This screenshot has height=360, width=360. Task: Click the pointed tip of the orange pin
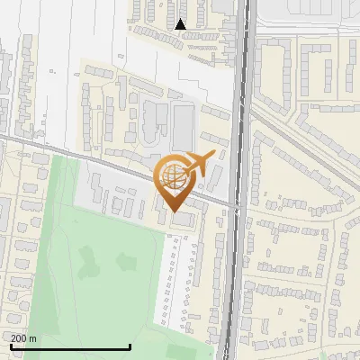click(x=175, y=211)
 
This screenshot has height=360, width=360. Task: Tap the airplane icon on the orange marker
click(x=200, y=165)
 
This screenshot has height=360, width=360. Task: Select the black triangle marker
click(x=181, y=24)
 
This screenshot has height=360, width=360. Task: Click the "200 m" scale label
click(x=24, y=337)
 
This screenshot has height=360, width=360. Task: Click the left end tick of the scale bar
click(x=11, y=345)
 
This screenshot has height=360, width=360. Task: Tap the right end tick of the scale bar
click(x=130, y=345)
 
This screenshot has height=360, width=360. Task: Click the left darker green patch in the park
click(x=88, y=262)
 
